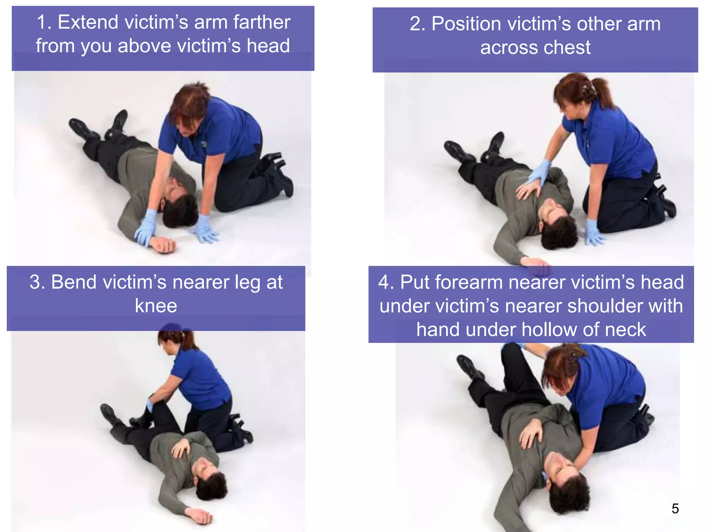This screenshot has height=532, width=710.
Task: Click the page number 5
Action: click(x=675, y=508)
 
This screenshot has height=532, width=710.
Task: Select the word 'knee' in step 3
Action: click(x=156, y=306)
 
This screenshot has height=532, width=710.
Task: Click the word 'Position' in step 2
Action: click(x=466, y=24)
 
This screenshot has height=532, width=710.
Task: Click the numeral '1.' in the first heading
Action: click(x=44, y=22)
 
